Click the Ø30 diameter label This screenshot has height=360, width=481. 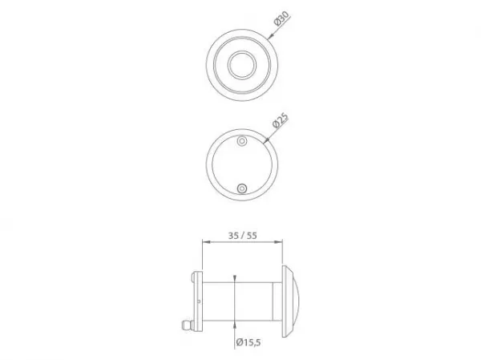coord(281,18)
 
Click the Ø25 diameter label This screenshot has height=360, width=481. coord(281,120)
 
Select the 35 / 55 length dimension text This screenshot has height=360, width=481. coord(242,236)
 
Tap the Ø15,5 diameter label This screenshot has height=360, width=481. coord(249,342)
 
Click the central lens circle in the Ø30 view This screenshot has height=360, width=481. coord(242,65)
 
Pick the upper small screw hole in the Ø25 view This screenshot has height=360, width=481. coord(242,141)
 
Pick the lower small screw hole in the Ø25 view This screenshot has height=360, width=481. coord(242,188)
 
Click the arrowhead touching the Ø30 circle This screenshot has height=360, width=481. coord(270,37)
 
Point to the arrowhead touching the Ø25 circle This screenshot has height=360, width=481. coord(266,140)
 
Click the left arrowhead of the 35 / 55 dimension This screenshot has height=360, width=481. coord(206,242)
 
